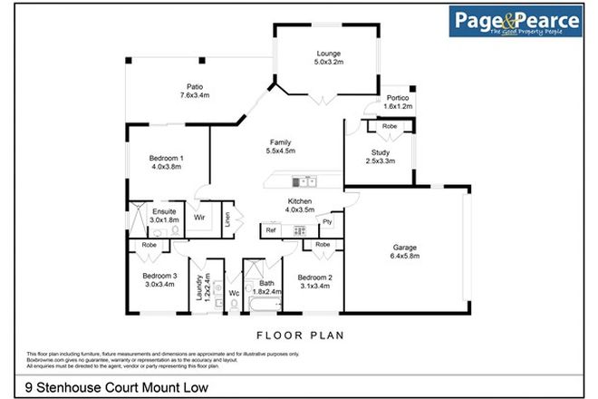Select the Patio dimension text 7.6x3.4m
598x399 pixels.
(195, 94)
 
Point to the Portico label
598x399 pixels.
(398, 98)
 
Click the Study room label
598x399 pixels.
(381, 152)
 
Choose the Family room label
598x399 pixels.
(281, 141)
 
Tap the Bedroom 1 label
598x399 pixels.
(167, 159)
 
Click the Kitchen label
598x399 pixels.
(300, 200)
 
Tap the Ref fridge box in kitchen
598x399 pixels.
(270, 230)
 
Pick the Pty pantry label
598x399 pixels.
(327, 221)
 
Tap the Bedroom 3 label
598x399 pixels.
(158, 275)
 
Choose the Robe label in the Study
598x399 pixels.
(389, 126)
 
